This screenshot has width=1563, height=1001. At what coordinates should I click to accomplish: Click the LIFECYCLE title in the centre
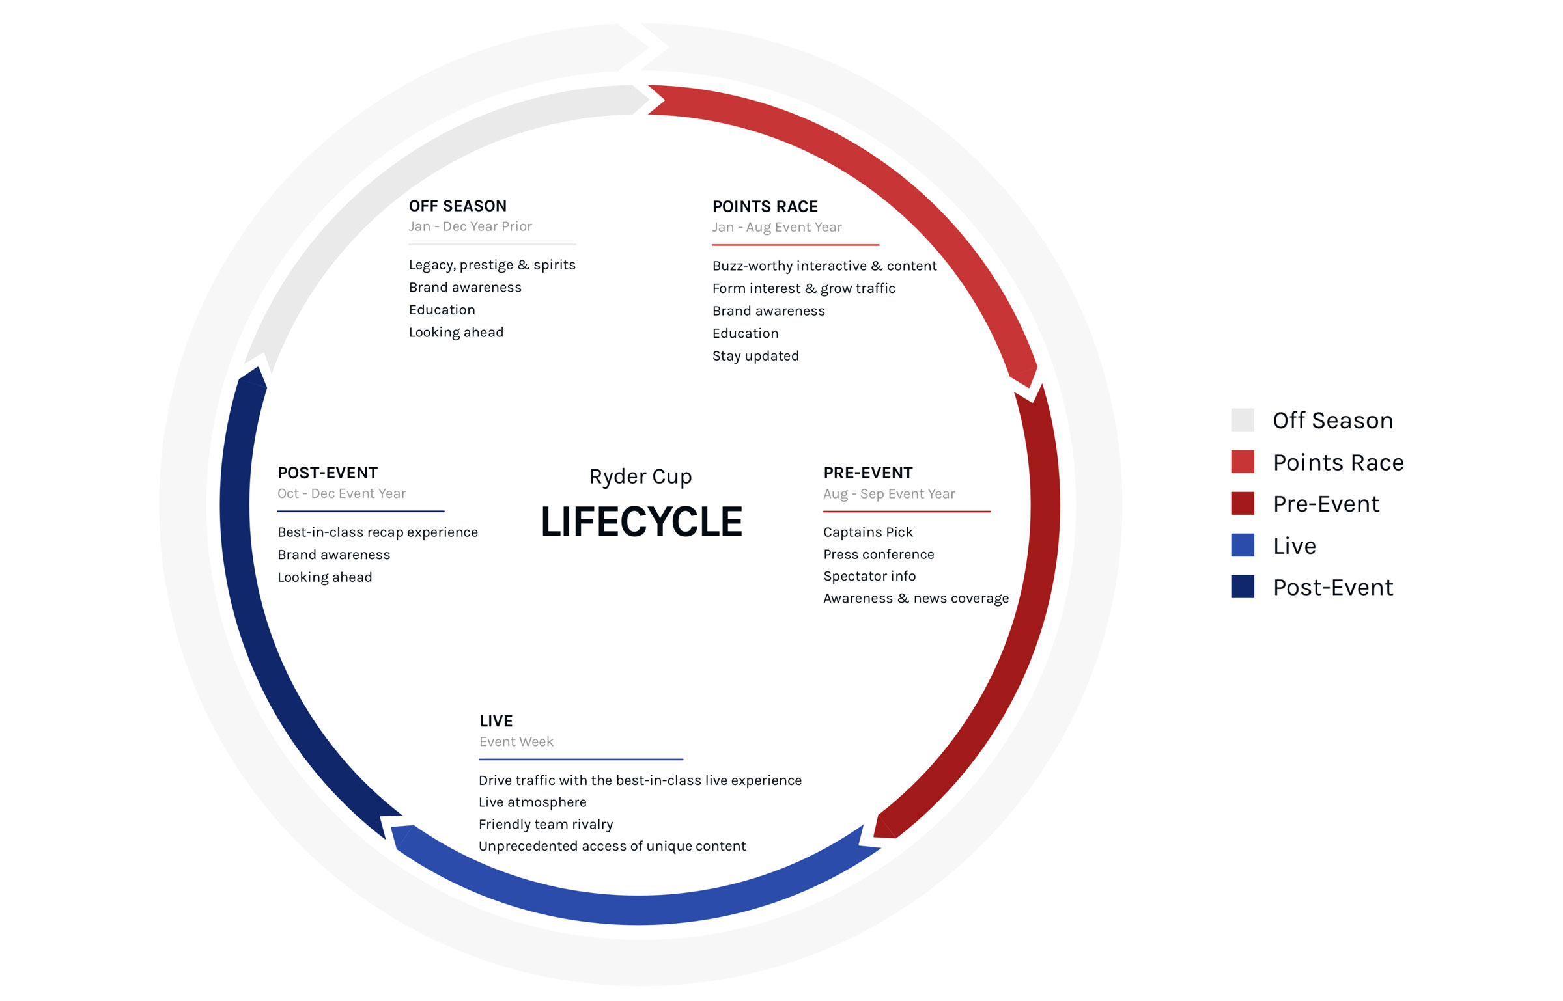pyautogui.click(x=641, y=521)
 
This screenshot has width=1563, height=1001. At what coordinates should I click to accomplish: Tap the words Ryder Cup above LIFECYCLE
pyautogui.click(x=640, y=477)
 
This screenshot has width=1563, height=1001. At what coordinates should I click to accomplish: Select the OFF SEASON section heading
pyautogui.click(x=457, y=206)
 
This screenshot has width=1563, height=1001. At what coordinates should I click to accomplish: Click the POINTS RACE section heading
pyautogui.click(x=765, y=207)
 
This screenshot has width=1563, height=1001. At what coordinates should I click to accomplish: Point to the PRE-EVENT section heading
pyautogui.click(x=867, y=473)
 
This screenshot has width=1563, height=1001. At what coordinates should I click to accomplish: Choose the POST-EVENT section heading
pyautogui.click(x=327, y=473)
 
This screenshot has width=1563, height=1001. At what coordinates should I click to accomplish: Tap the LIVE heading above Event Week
pyautogui.click(x=496, y=721)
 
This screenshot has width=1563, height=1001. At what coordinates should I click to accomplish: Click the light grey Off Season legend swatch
pyautogui.click(x=1242, y=420)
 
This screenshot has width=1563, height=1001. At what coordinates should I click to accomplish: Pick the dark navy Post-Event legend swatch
pyautogui.click(x=1242, y=587)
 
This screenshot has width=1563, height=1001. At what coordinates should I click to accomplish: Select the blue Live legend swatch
pyautogui.click(x=1242, y=545)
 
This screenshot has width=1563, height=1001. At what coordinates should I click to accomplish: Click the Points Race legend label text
pyautogui.click(x=1338, y=463)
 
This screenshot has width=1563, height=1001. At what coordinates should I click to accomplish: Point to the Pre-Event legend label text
pyautogui.click(x=1325, y=504)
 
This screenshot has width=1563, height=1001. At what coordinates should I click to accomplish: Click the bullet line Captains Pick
pyautogui.click(x=867, y=532)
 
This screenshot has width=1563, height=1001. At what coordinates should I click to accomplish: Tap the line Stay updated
pyautogui.click(x=755, y=356)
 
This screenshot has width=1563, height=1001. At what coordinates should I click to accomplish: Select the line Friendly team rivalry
pyautogui.click(x=545, y=825)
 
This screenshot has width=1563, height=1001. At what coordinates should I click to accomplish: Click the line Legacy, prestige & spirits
pyautogui.click(x=492, y=265)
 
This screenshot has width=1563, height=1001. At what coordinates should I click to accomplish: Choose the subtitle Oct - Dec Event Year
pyautogui.click(x=341, y=494)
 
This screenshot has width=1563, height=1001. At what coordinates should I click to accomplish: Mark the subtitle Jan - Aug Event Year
pyautogui.click(x=776, y=228)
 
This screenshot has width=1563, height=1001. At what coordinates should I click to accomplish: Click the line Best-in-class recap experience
pyautogui.click(x=377, y=532)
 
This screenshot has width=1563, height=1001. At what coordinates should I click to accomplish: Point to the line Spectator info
pyautogui.click(x=869, y=577)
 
